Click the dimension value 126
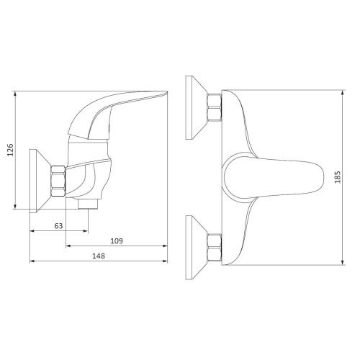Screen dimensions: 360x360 10,150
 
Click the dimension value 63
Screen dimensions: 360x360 58,226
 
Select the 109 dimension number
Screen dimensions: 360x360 117,240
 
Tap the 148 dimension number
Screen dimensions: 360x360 99,256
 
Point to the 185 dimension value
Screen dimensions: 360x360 338,177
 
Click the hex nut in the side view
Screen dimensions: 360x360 58,181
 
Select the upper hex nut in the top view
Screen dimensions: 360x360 215,107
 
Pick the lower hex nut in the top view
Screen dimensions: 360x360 215,247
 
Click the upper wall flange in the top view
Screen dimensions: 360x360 197,107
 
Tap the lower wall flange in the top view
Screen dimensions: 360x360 197,247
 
